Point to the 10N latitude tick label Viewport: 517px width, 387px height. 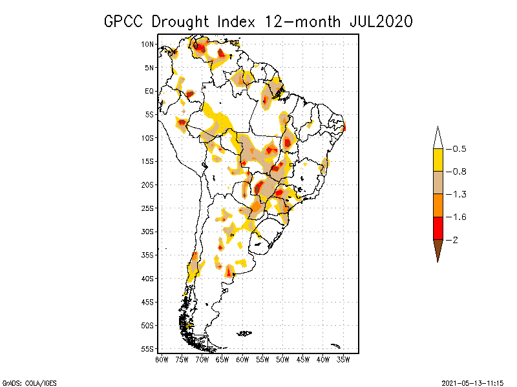149,45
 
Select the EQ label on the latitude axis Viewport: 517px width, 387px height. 149,91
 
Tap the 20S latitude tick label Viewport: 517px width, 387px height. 149,184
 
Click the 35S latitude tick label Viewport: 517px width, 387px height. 149,255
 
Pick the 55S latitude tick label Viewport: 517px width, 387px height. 149,348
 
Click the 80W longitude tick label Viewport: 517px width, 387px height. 162,359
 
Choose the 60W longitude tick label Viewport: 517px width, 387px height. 242,359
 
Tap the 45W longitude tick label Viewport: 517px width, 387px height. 303,359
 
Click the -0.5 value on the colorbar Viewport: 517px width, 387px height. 459,149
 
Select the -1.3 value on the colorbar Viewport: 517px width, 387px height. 459,194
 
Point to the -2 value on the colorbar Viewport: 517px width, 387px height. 455,239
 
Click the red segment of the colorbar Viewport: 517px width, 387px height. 438,228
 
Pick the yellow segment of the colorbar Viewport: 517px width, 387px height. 438,160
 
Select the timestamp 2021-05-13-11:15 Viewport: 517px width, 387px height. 472,382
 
